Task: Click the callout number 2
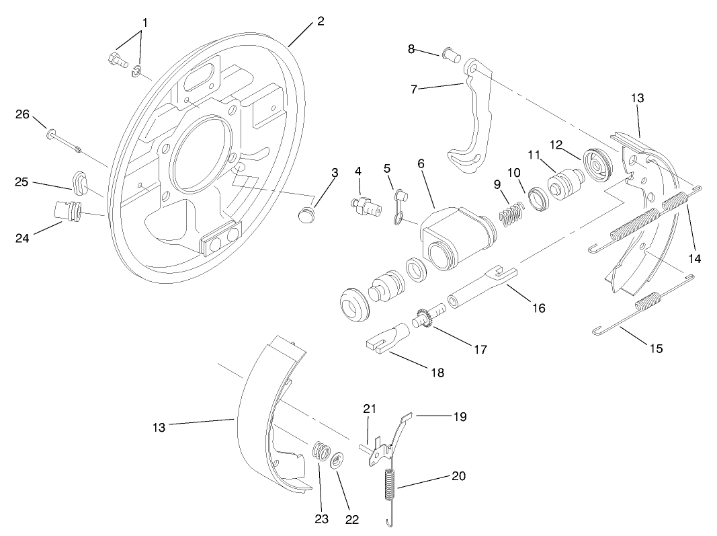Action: pos(321,21)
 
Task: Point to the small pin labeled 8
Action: pos(451,54)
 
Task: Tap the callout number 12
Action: pos(555,144)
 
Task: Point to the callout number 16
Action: pos(538,308)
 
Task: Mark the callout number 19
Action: pos(460,416)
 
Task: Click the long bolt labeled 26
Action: pos(64,140)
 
